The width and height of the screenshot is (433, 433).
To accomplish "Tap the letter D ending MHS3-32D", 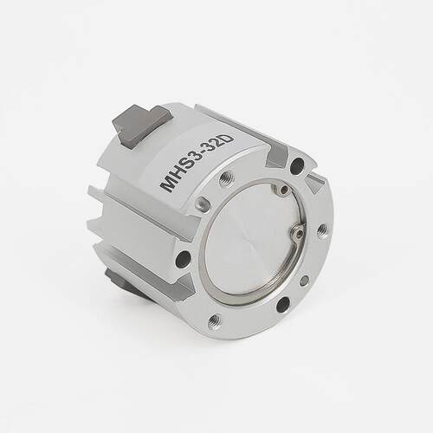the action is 227,141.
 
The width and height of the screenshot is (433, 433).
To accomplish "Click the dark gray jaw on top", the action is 141,126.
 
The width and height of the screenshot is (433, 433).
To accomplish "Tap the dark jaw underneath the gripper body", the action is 123,284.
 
